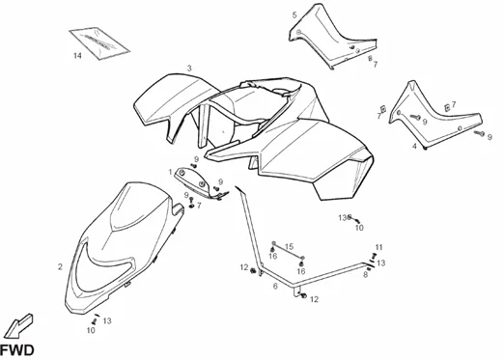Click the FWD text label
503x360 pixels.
16,350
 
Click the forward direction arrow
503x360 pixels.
19,326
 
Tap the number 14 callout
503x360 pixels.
77,56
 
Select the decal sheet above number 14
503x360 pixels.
99,43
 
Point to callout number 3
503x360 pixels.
189,69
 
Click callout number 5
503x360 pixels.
294,15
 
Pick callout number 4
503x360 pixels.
414,147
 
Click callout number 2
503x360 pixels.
60,266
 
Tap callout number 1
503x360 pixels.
170,172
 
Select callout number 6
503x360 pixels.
275,286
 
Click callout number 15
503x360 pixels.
290,247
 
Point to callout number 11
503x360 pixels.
379,247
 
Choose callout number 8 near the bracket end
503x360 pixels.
365,275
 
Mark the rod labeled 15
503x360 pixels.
289,250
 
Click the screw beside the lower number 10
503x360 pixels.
95,321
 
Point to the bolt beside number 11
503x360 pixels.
374,256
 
